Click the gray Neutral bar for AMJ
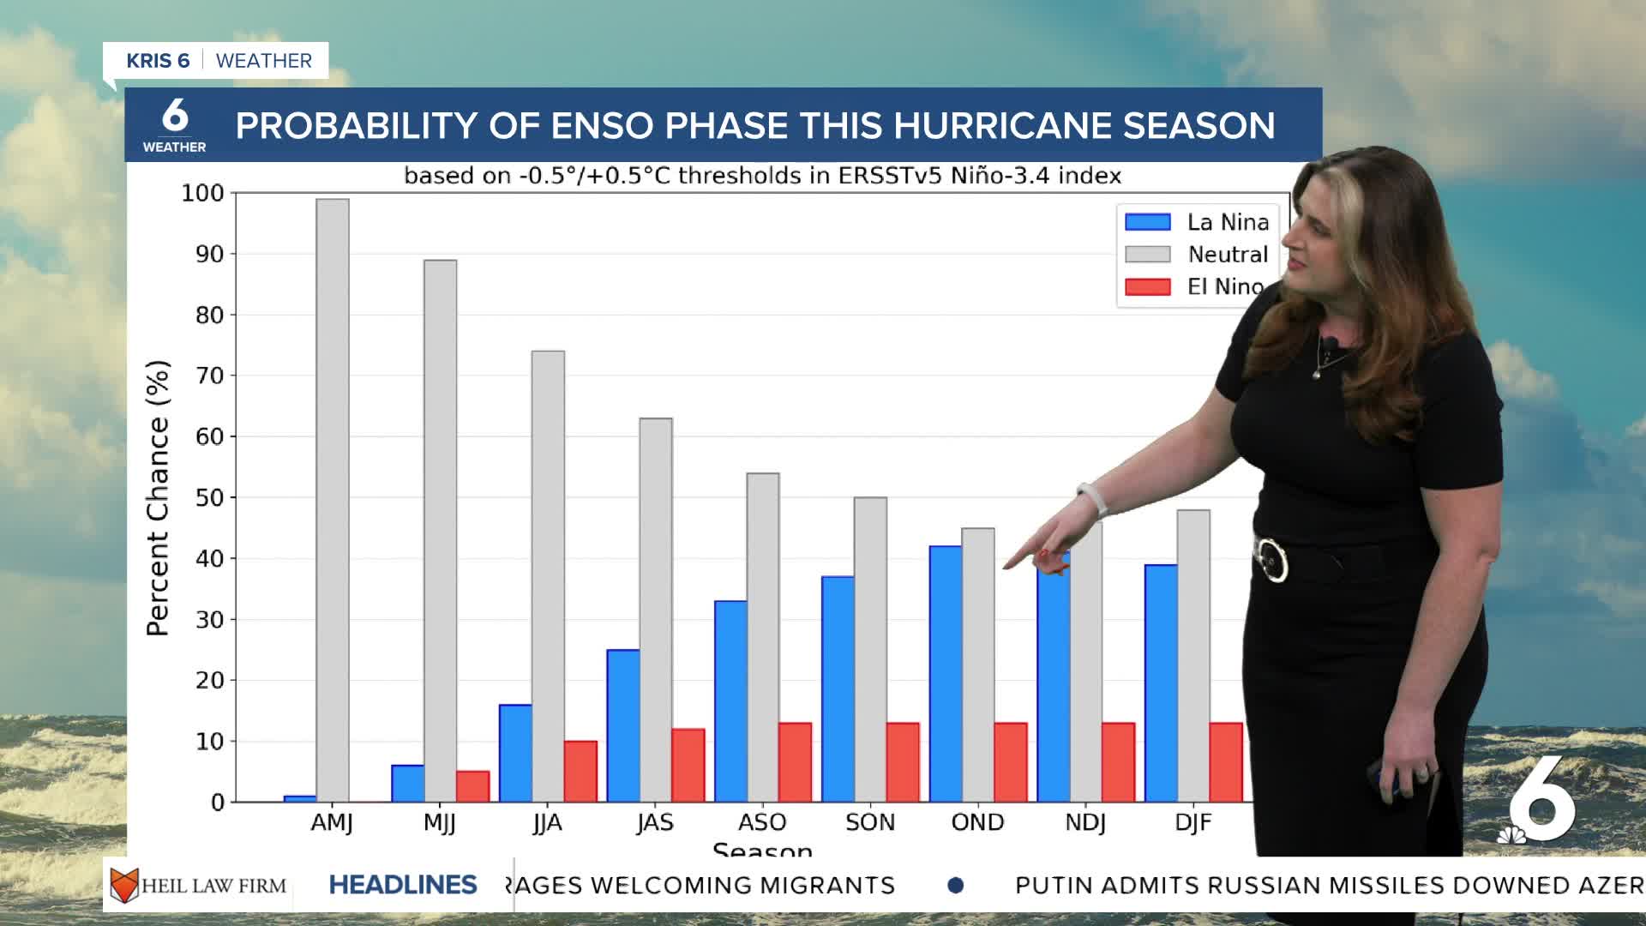(333, 501)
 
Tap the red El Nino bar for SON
(903, 762)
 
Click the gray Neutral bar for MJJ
(440, 531)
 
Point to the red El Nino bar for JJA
(580, 771)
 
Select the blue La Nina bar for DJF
(1161, 683)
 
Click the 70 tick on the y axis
(209, 376)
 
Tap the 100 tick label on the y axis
(202, 194)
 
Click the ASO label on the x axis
(762, 822)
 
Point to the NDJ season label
(1084, 822)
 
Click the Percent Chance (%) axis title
(158, 497)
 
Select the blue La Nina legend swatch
(1147, 222)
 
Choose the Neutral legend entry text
(1228, 255)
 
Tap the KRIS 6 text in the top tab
(158, 61)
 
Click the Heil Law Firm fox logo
(124, 885)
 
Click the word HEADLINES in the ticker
(403, 885)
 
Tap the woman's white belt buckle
(1271, 559)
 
